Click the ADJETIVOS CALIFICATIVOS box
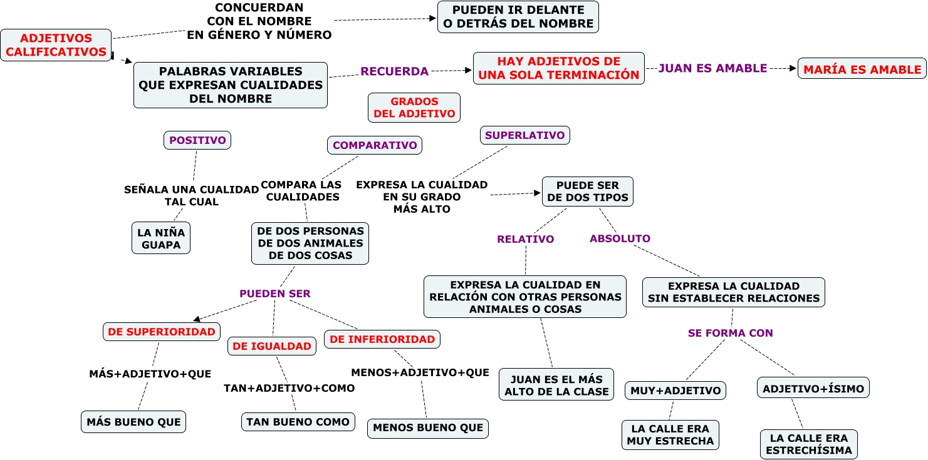(56, 45)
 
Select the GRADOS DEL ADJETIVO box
(414, 108)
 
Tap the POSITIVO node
(197, 140)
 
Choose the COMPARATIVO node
(375, 145)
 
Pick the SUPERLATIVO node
(525, 135)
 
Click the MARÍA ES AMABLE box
(862, 69)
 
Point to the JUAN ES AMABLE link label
(712, 68)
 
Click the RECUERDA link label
(394, 71)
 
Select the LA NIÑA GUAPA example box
(161, 238)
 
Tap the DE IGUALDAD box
(272, 346)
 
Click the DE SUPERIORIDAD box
(162, 332)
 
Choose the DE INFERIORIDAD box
(382, 339)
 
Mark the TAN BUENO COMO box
(298, 422)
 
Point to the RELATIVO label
(525, 239)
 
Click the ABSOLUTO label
(620, 238)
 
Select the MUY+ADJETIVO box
(675, 391)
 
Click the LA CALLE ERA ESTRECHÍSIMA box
(809, 444)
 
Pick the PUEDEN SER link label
(274, 294)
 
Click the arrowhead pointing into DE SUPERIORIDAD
(197, 319)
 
